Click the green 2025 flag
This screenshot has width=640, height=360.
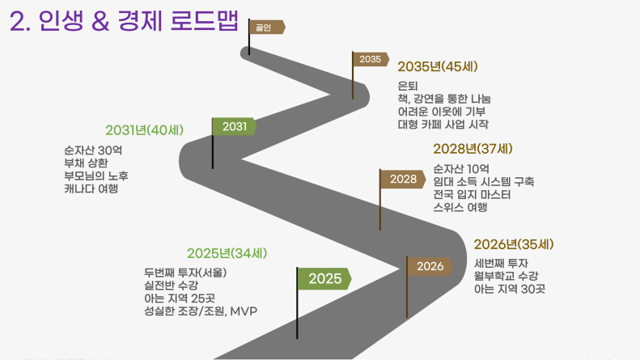(x=324, y=279)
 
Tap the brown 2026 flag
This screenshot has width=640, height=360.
(x=430, y=266)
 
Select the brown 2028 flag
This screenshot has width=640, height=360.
(x=403, y=179)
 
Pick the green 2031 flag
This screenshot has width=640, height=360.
(x=235, y=126)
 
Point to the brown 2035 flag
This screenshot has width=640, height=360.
(x=371, y=59)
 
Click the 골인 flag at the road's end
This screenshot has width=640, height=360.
(x=267, y=27)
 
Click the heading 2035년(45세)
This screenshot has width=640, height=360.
(x=438, y=66)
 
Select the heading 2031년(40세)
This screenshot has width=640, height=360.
(x=145, y=130)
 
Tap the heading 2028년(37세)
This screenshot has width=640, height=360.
(x=473, y=149)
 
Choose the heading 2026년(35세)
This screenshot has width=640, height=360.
(x=514, y=244)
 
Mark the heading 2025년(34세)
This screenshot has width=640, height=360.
(x=227, y=253)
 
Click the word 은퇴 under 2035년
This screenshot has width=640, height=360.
(x=408, y=86)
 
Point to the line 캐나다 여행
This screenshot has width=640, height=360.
(x=91, y=188)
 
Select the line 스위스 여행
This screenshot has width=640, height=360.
(x=460, y=207)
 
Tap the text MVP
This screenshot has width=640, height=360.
(x=244, y=311)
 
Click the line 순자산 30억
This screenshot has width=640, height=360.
(x=93, y=150)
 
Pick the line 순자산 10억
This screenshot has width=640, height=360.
(x=461, y=168)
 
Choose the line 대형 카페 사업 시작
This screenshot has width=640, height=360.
(x=443, y=124)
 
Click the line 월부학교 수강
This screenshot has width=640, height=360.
(x=506, y=276)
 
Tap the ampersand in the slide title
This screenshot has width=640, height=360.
(x=100, y=22)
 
